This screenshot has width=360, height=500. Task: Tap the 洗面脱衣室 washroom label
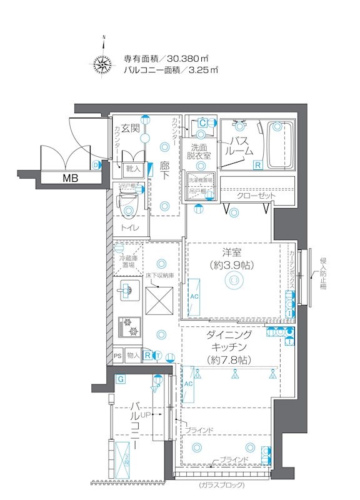pos(200,151)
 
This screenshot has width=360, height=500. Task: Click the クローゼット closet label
pos(256,196)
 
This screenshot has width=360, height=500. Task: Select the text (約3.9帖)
pos(231,265)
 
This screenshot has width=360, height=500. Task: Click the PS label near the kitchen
pos(117,356)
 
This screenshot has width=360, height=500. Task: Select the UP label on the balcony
pos(146,414)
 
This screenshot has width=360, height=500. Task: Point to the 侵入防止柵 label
pos(323,273)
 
